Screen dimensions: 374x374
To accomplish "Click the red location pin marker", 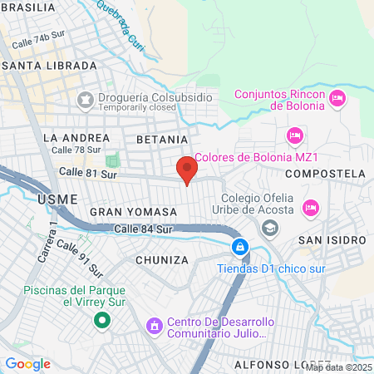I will pyautogui.click(x=187, y=169).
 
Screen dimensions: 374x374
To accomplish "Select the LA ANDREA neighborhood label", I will pyautogui.click(x=76, y=137).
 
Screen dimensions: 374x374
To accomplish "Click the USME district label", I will pyautogui.click(x=57, y=199).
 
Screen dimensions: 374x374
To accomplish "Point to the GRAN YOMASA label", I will pyautogui.click(x=134, y=213).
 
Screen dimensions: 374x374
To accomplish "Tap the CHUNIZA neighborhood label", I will pyautogui.click(x=160, y=260).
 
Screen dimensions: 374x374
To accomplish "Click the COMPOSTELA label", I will pyautogui.click(x=324, y=174).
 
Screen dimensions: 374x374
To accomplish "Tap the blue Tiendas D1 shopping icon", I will pyautogui.click(x=239, y=247).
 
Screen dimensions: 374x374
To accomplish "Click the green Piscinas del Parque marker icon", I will pyautogui.click(x=102, y=319).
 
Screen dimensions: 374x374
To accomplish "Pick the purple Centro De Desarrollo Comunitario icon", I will pyautogui.click(x=153, y=325).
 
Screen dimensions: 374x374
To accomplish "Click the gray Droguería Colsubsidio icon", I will pyautogui.click(x=84, y=100).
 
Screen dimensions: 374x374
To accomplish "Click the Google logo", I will pyautogui.click(x=27, y=364).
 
